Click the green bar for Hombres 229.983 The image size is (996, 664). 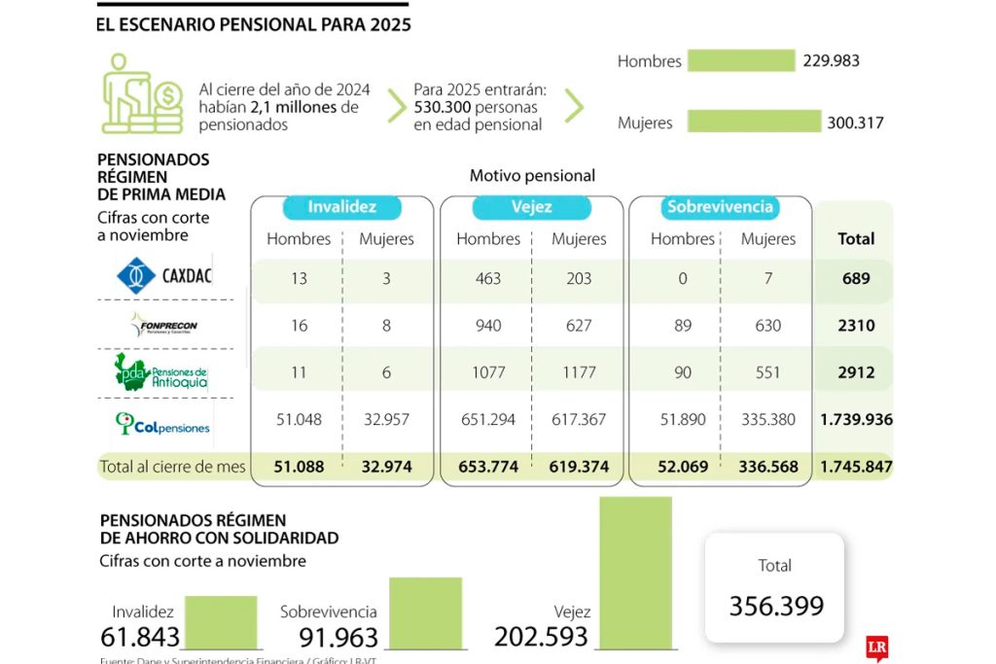pos(740,60)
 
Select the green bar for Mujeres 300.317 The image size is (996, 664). pos(754,122)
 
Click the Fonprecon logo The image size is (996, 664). pos(163,325)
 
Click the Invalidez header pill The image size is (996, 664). pos(341,207)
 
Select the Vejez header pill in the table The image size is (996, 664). pos(531,207)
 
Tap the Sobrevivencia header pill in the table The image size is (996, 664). pos(720,207)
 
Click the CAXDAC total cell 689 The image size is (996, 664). pos(855,279)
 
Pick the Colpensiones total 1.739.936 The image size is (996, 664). pos(855,420)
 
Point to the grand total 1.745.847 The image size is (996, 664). pos(855,467)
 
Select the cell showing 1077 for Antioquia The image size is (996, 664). pos(488,372)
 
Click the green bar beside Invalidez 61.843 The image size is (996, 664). pos(221,622)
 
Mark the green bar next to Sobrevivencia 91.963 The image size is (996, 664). pos(425,612)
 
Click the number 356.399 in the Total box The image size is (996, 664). pos(776,607)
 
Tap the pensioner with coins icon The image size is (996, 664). pos(142,93)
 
